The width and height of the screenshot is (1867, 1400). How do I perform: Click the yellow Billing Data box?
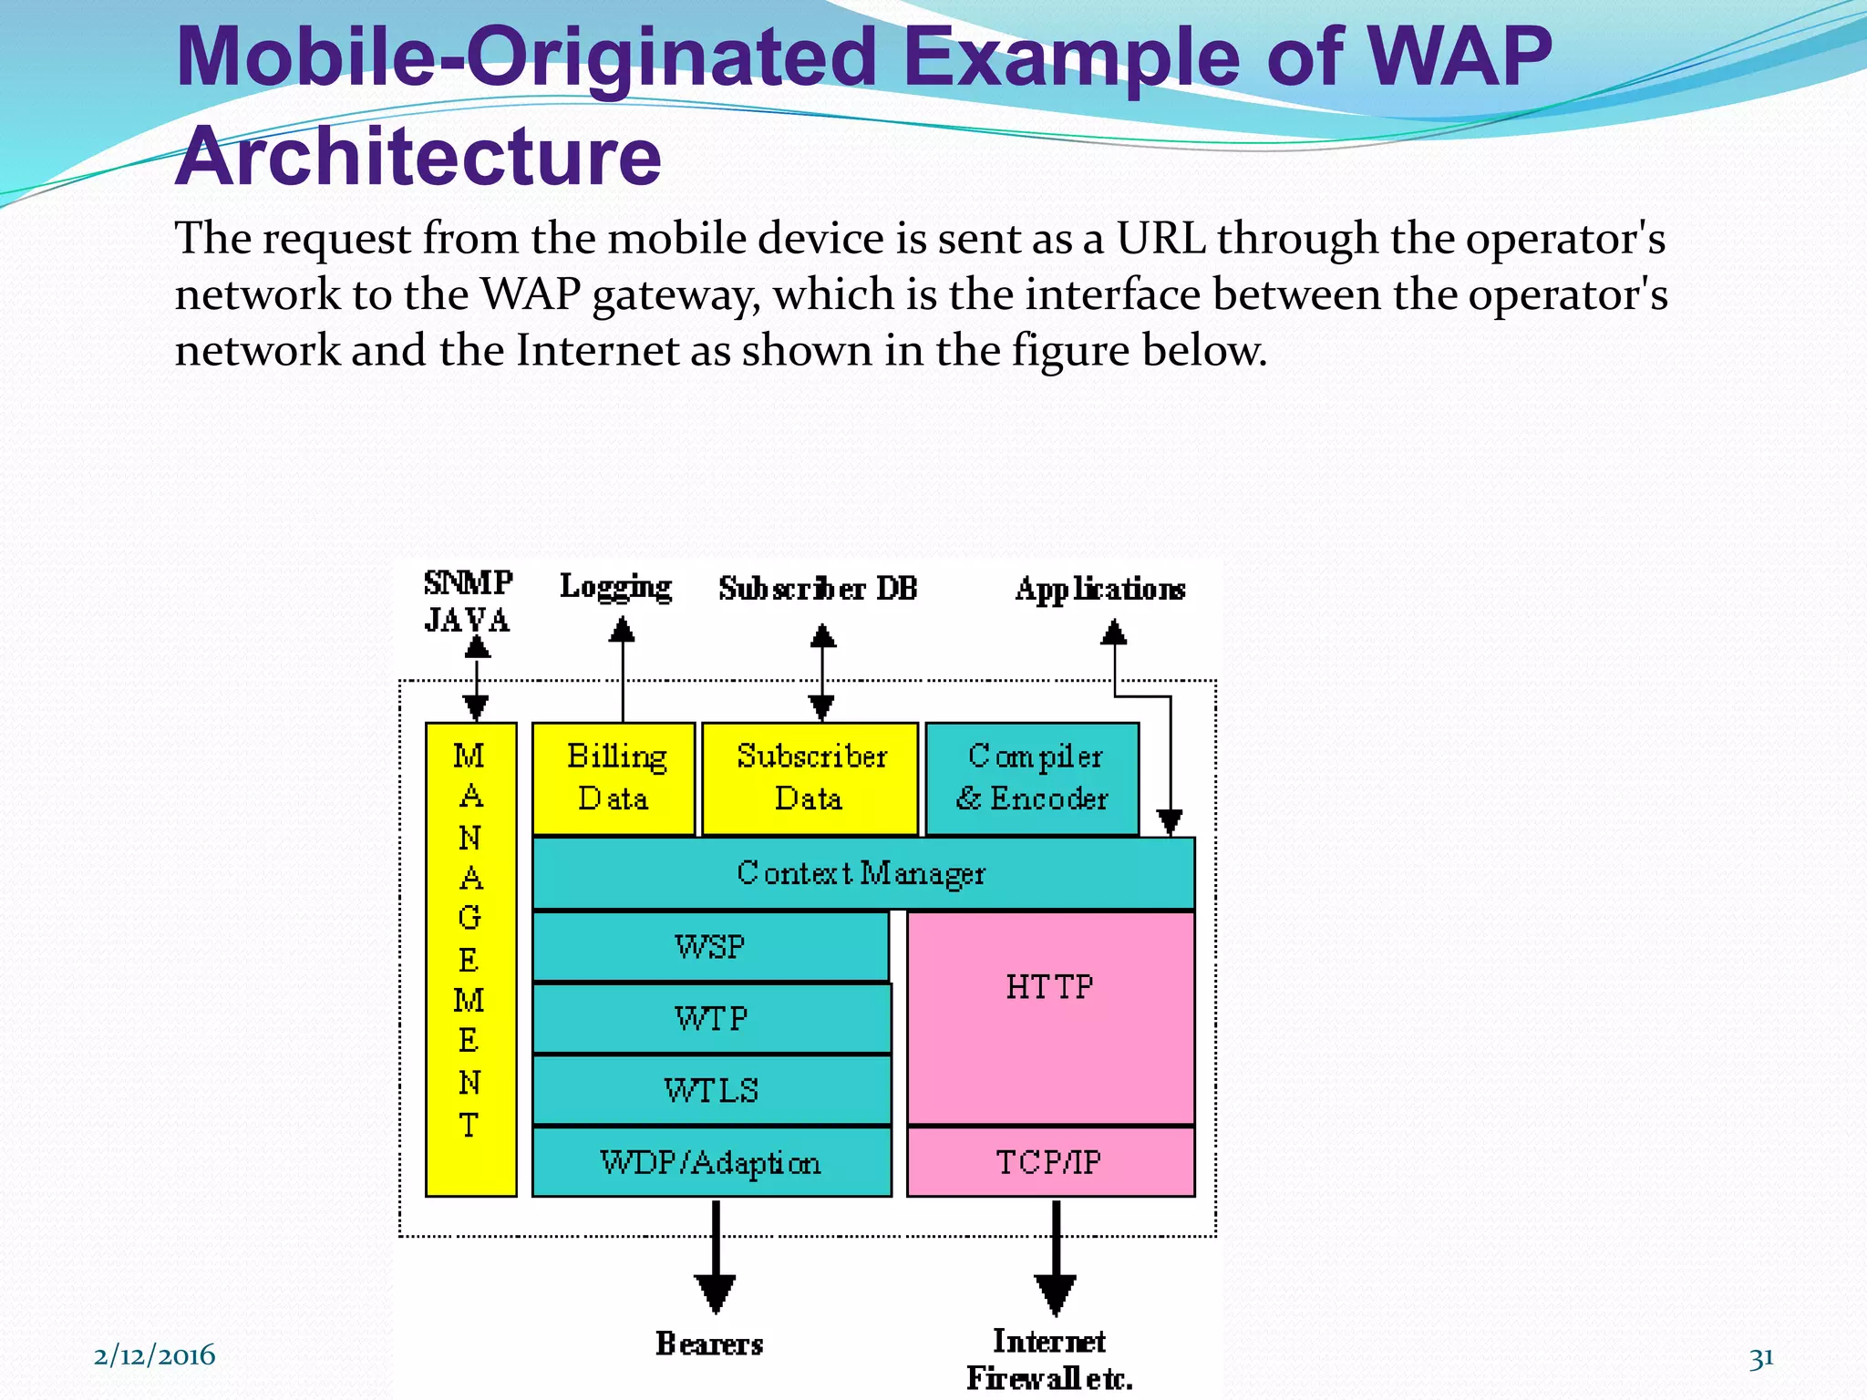(614, 778)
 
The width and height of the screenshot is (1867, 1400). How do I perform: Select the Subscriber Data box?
(810, 778)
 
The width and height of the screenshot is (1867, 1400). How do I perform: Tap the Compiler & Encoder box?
(1032, 778)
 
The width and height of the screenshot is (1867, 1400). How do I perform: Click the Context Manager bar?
(862, 873)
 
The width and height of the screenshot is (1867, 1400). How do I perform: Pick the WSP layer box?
(710, 946)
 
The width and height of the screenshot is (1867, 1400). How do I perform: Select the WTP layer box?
(711, 1018)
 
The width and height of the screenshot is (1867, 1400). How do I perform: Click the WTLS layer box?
(711, 1090)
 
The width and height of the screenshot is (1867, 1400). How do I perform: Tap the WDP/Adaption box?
(711, 1162)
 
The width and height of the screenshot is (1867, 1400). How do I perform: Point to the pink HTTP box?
(1050, 1016)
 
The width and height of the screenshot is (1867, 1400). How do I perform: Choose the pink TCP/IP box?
(1050, 1162)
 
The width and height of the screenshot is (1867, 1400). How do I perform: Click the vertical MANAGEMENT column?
(470, 959)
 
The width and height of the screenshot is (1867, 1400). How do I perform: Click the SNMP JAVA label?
(468, 602)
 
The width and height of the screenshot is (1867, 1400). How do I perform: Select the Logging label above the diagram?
(616, 587)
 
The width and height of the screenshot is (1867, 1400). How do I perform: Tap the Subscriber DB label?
(818, 589)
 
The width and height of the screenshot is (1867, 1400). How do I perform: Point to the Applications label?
(1100, 590)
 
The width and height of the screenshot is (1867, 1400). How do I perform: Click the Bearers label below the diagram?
(709, 1343)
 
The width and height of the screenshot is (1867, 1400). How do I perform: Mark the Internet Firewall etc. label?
(1049, 1359)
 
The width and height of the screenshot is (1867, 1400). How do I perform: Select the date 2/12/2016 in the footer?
(154, 1355)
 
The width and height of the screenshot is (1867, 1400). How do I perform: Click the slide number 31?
(1760, 1358)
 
